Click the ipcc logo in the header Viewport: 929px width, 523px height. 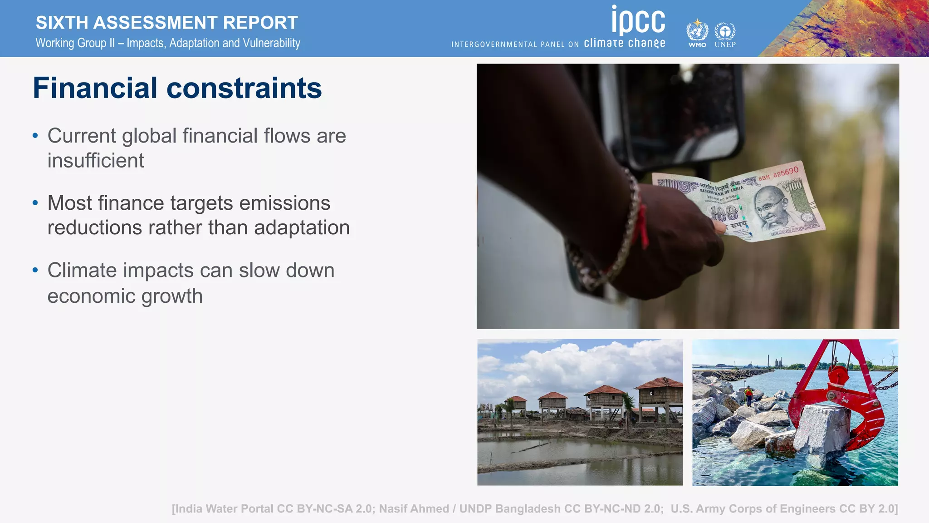click(x=638, y=20)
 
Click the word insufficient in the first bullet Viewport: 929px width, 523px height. click(x=96, y=161)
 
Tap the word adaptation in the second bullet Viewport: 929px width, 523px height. click(x=302, y=227)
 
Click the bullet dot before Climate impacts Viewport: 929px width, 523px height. click(x=35, y=270)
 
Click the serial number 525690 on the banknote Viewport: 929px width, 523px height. click(x=786, y=172)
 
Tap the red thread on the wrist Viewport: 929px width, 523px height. click(x=642, y=225)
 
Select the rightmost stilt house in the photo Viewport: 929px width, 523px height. click(x=660, y=395)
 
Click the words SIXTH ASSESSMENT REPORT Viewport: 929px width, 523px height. click(x=166, y=22)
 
